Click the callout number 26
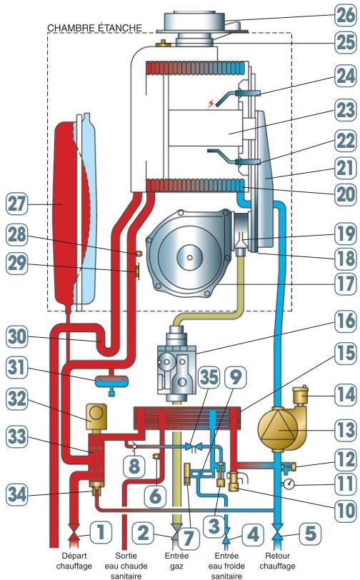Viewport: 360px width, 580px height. pos(346,16)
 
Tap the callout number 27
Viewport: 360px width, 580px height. pos(16,204)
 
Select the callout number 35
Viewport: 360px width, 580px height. pos(209,377)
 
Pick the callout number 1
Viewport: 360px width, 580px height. pos(101,532)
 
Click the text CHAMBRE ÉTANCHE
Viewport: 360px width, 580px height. pos(94,28)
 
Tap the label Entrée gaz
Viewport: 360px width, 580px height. pos(176,561)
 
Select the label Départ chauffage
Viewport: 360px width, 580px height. pos(74,561)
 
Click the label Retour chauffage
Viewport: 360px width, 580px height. pos(277,561)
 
